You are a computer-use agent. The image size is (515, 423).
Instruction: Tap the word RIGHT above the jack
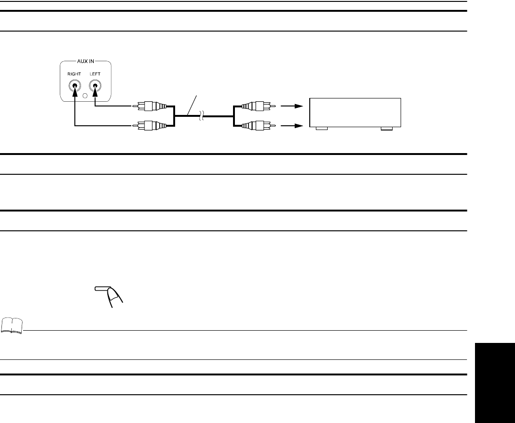(74, 74)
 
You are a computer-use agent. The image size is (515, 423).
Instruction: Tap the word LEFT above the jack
(95, 74)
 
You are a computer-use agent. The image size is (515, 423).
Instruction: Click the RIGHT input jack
(74, 86)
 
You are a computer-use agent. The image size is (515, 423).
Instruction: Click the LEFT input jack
(96, 86)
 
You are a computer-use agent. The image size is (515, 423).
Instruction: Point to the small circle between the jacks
(85, 97)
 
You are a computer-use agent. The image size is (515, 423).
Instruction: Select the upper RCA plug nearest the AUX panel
(150, 106)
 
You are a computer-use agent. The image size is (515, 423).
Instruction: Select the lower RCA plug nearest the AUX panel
(150, 126)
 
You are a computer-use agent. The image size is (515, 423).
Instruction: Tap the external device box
(354, 112)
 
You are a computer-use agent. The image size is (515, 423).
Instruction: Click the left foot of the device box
(322, 128)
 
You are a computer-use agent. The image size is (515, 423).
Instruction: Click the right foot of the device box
(386, 128)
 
